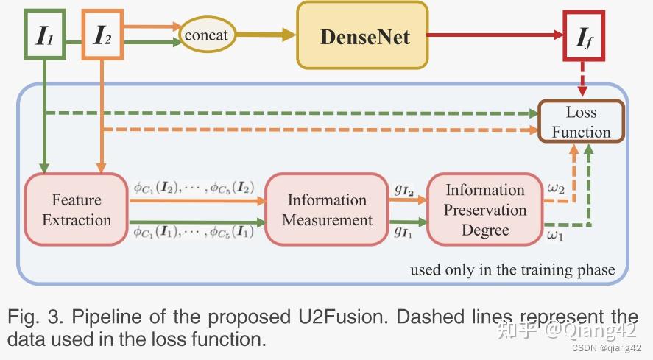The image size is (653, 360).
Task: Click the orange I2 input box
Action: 102,34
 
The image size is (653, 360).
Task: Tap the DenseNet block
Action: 361,36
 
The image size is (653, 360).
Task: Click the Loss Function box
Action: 582,122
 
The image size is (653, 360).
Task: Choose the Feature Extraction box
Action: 77,209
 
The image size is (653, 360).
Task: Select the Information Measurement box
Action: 327,209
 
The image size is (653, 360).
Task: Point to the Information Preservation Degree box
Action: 485,209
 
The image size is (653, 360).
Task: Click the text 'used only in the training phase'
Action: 512,269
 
